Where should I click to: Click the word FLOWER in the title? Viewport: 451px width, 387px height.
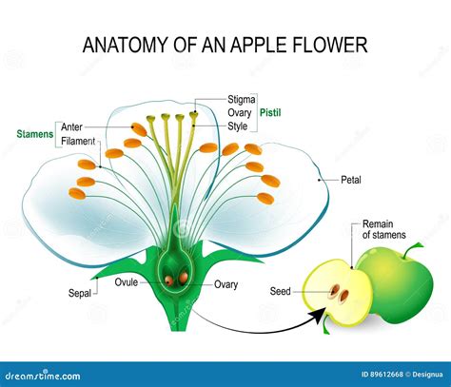(329, 45)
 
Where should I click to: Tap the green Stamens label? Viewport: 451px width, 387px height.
(35, 134)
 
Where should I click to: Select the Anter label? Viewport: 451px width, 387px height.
(71, 127)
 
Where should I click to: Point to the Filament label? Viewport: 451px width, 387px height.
(78, 141)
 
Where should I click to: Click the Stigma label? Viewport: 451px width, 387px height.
(242, 100)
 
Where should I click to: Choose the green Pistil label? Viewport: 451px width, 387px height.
(270, 112)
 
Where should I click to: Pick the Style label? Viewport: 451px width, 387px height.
(238, 126)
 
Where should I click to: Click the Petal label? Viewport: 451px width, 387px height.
(351, 180)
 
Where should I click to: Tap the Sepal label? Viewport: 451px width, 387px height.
(80, 293)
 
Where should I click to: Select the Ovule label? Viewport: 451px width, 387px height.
(127, 282)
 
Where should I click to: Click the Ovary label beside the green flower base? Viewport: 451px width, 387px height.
(225, 284)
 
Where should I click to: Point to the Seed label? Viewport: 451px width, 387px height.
(280, 291)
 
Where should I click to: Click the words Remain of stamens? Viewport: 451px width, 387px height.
(384, 229)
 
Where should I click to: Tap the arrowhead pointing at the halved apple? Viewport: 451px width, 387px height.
(319, 314)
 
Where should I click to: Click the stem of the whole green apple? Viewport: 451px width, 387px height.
(412, 249)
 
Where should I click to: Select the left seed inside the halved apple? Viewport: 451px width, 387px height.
(334, 290)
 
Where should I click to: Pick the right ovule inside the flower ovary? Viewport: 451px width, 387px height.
(183, 278)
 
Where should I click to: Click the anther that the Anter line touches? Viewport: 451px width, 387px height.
(139, 129)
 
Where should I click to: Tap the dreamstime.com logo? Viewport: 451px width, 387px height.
(43, 376)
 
